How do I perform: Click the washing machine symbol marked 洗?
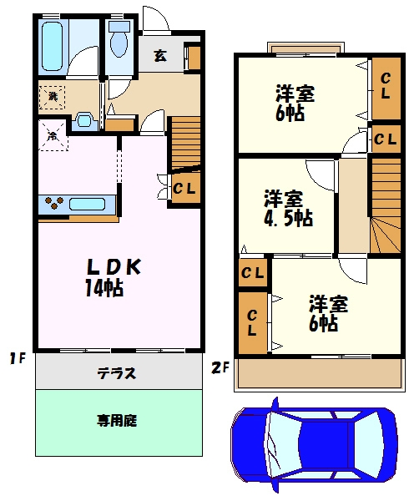coord(52,97)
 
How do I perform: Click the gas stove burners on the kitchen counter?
coord(52,203)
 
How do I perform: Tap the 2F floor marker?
coord(219,365)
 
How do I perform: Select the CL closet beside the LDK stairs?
coord(184,189)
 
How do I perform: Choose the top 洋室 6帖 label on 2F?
coord(296,102)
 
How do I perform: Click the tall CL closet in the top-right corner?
coord(385,86)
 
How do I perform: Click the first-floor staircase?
coord(185,143)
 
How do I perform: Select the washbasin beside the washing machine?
coord(84,119)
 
